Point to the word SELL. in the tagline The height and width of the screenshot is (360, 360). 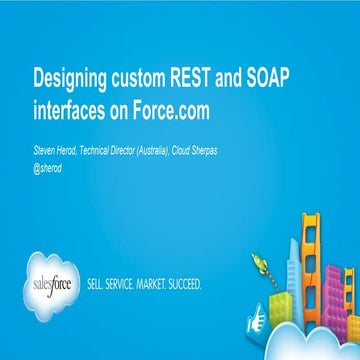point(101,284)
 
